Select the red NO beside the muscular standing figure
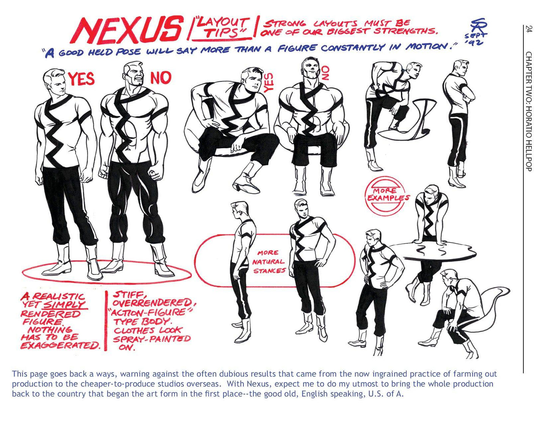tap(161, 78)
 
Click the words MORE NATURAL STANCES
tap(269, 262)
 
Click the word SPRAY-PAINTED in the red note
tap(152, 339)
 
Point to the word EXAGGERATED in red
tap(61, 345)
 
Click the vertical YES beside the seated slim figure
tap(269, 82)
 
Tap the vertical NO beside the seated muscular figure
tap(325, 73)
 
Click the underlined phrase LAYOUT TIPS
tap(222, 28)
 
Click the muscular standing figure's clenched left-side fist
tap(104, 172)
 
